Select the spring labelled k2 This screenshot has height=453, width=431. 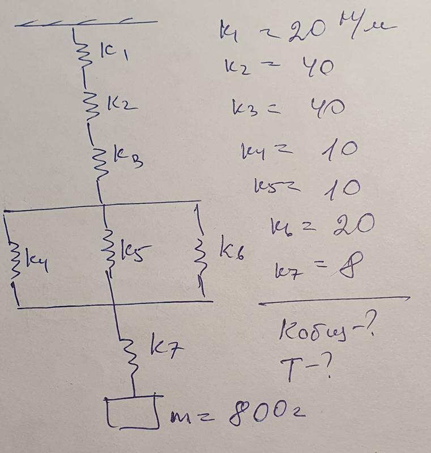(x=88, y=104)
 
